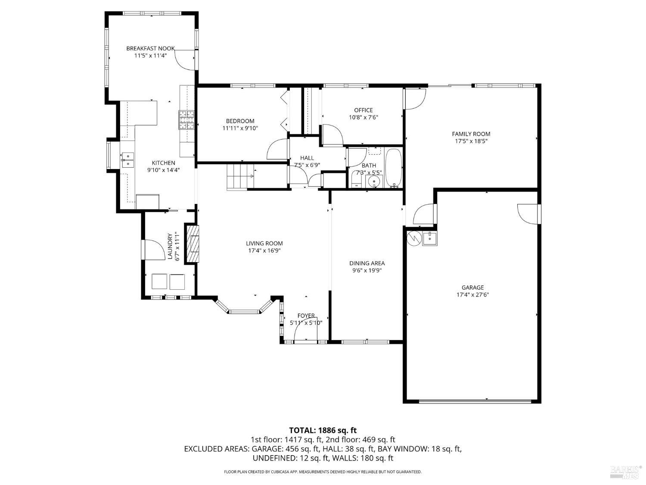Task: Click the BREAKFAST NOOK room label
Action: click(x=150, y=49)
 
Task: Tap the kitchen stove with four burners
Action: click(x=187, y=120)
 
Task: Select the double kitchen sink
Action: click(x=127, y=160)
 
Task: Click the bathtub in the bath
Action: click(x=393, y=168)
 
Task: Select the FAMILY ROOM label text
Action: click(x=471, y=134)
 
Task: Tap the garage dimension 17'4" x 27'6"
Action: click(x=472, y=295)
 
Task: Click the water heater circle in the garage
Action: click(x=413, y=238)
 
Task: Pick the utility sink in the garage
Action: click(x=429, y=238)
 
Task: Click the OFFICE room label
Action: click(x=363, y=110)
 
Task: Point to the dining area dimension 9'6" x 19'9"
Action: click(x=367, y=271)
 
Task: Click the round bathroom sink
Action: click(x=374, y=181)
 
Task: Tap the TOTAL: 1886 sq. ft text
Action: click(x=323, y=430)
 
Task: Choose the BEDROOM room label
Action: click(x=240, y=121)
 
